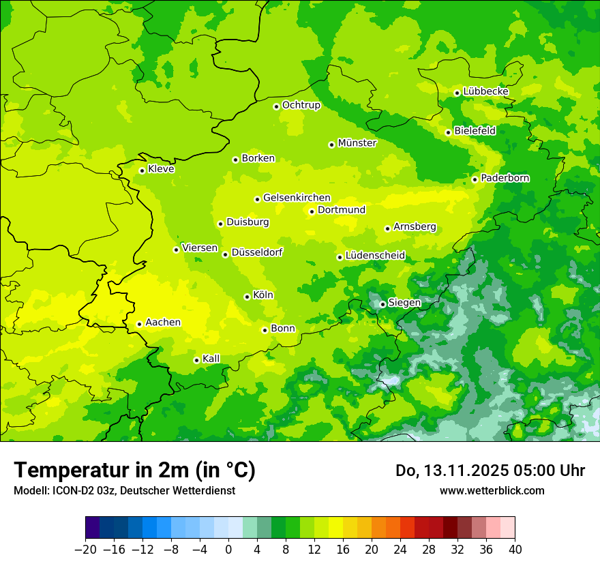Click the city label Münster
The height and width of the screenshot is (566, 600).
(x=357, y=143)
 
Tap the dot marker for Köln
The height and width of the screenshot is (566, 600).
(x=247, y=297)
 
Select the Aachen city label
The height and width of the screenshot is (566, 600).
(x=163, y=323)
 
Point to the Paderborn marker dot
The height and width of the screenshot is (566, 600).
(x=475, y=179)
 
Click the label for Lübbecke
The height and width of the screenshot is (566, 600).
(x=485, y=91)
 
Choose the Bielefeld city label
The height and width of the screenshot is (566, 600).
(x=475, y=131)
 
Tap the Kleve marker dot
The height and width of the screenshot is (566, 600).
(x=142, y=170)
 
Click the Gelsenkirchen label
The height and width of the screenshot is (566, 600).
(x=297, y=198)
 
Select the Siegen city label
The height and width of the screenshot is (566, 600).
(x=404, y=303)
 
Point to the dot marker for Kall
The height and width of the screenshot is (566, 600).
(x=196, y=360)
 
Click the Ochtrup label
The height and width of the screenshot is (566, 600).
(x=301, y=105)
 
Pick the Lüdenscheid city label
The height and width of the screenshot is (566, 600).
(x=375, y=256)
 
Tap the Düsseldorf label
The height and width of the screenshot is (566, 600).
(x=257, y=252)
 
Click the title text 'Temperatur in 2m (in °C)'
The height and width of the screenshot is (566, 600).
(x=134, y=470)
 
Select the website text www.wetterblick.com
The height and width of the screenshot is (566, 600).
(x=492, y=490)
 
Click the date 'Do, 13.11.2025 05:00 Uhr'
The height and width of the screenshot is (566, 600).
(x=490, y=471)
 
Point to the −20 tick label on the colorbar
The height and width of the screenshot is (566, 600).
(x=86, y=550)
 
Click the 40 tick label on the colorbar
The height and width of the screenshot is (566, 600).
(x=515, y=550)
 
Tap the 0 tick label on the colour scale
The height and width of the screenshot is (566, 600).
(x=228, y=550)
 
